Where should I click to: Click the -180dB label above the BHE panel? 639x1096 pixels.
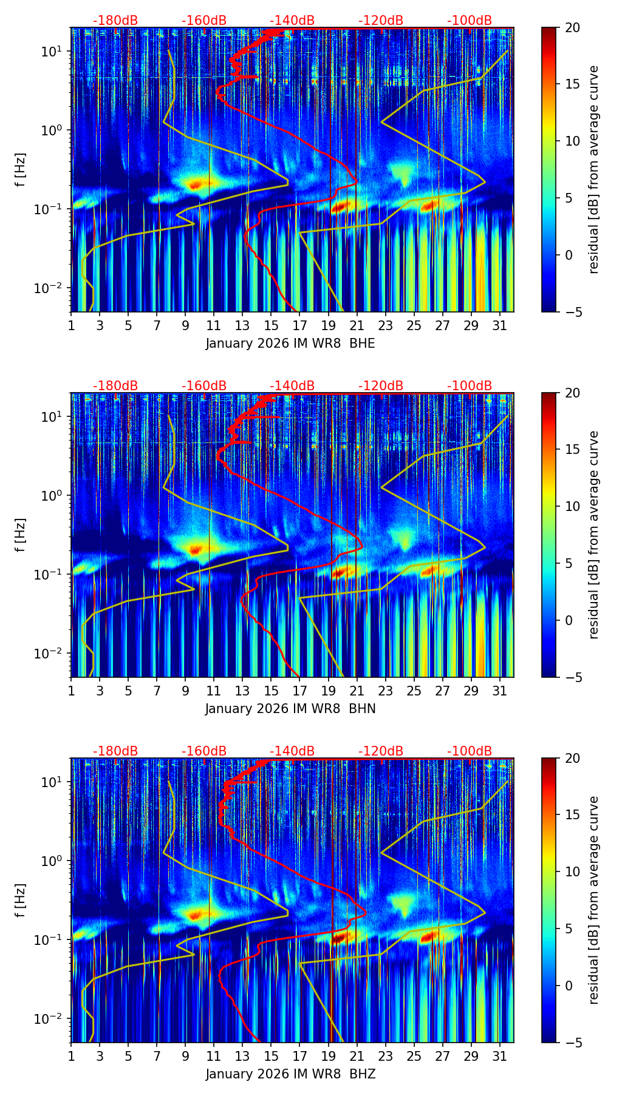pyautogui.click(x=115, y=21)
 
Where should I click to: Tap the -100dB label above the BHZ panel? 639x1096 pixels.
pyautogui.click(x=470, y=751)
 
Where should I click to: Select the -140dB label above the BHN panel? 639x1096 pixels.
pyautogui.click(x=292, y=386)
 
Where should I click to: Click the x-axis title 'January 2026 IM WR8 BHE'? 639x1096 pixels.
pyautogui.click(x=290, y=343)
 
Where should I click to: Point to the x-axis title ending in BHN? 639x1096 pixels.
pyautogui.click(x=290, y=709)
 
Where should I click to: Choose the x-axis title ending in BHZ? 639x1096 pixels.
pyautogui.click(x=290, y=1074)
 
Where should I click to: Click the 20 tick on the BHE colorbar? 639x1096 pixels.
pyautogui.click(x=572, y=28)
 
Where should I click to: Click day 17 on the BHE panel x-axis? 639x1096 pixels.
pyautogui.click(x=299, y=326)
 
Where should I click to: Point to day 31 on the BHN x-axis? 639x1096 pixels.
pyautogui.click(x=499, y=691)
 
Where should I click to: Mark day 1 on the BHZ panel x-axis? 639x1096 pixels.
pyautogui.click(x=71, y=1057)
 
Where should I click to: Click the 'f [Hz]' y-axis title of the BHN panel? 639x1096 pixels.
pyautogui.click(x=21, y=535)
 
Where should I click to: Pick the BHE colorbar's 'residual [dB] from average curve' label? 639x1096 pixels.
pyautogui.click(x=593, y=169)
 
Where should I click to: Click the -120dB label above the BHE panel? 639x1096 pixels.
pyautogui.click(x=381, y=21)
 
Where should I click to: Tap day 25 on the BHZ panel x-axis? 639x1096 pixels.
pyautogui.click(x=414, y=1057)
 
